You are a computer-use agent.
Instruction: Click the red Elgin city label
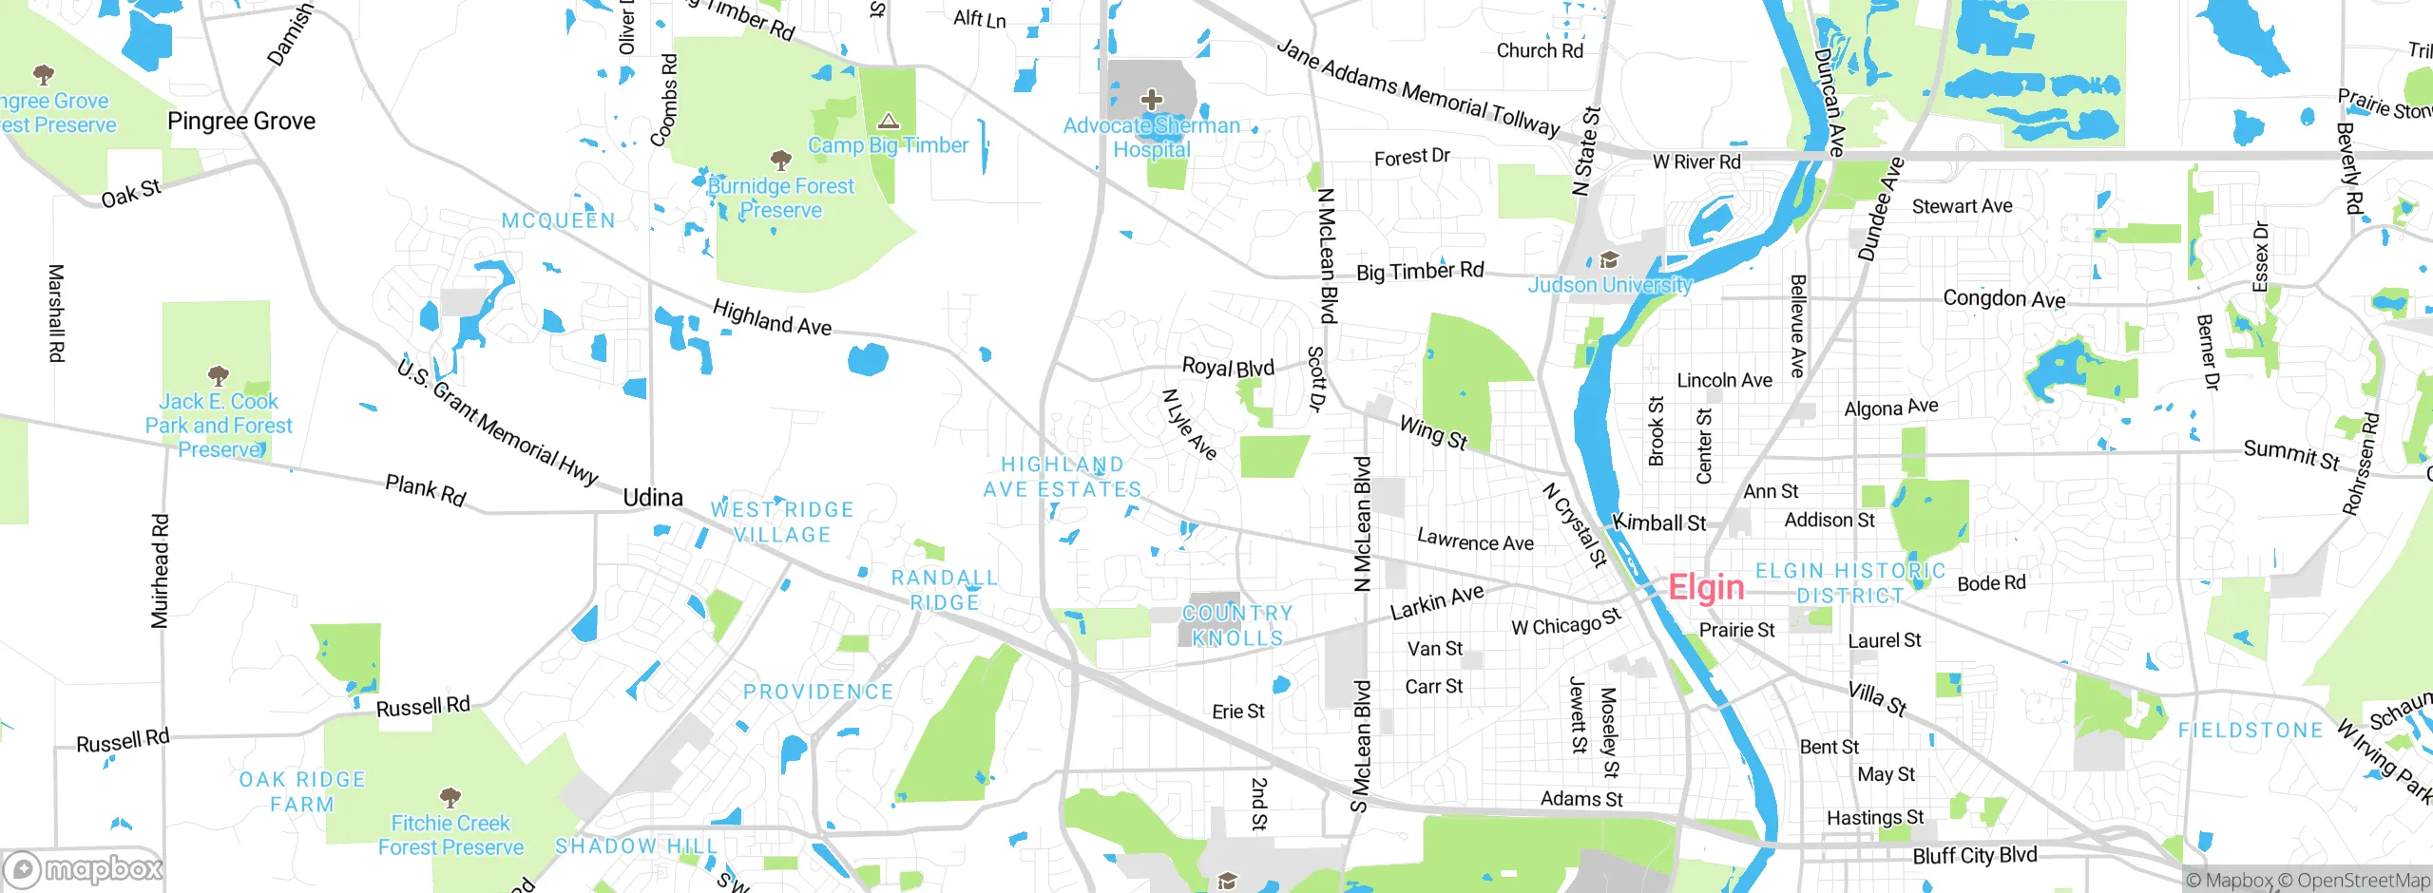(1706, 588)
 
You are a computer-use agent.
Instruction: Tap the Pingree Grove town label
(241, 122)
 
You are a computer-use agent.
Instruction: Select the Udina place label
(653, 498)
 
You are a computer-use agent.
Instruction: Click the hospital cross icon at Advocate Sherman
(1151, 99)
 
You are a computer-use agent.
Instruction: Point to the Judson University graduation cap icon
(1609, 259)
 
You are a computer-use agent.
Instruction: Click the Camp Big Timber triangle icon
(889, 121)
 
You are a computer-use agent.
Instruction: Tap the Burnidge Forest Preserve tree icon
(780, 159)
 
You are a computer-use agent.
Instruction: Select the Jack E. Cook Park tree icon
(218, 374)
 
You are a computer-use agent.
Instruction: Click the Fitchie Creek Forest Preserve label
(450, 835)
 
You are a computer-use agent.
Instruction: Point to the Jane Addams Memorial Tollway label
(1417, 89)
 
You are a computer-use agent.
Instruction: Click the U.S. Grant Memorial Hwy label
(497, 423)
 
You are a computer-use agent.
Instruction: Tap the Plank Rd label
(426, 491)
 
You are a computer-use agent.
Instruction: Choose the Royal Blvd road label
(1228, 368)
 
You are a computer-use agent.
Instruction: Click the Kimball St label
(1659, 522)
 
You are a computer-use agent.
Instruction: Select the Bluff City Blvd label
(1975, 856)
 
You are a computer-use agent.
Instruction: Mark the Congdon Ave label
(2003, 299)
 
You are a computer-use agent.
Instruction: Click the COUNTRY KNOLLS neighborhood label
(1237, 626)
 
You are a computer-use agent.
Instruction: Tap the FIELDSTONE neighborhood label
(2251, 731)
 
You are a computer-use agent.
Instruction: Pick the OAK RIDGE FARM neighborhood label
(302, 791)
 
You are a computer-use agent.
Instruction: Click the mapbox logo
(84, 869)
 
